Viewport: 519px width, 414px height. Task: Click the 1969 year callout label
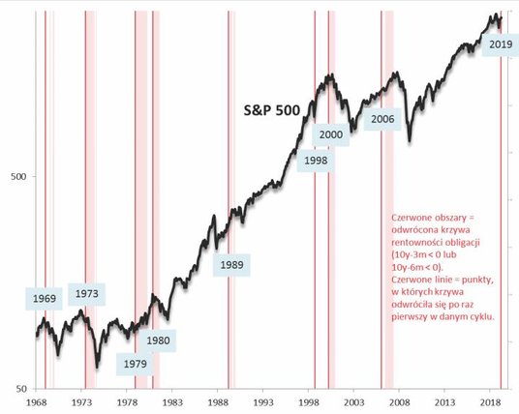[44, 299]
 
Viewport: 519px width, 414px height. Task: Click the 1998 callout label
[316, 161]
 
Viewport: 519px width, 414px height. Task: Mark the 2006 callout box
[382, 119]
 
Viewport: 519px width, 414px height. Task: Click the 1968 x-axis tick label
[36, 401]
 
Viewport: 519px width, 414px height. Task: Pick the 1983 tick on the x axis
[172, 401]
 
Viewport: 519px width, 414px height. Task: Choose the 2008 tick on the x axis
[399, 401]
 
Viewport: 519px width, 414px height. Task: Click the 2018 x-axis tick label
[490, 401]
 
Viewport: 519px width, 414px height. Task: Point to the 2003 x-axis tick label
[353, 401]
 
